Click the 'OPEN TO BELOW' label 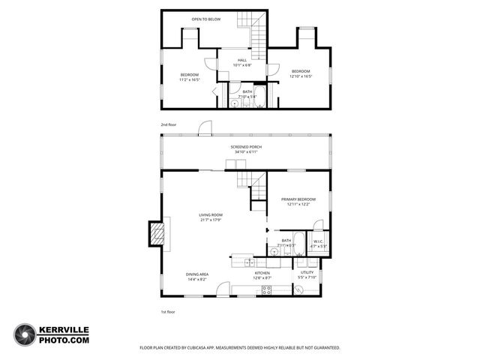205,19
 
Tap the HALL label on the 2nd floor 242,60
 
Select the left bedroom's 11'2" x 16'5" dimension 190,79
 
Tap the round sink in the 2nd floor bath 234,105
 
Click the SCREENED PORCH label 247,146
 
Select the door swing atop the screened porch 204,129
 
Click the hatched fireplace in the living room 157,232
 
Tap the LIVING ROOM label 211,214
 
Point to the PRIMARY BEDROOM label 298,199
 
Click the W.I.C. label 318,241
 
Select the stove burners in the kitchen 265,290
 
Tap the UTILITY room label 307,272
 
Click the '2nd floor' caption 168,124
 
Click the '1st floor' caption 168,311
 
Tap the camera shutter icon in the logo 25,334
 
